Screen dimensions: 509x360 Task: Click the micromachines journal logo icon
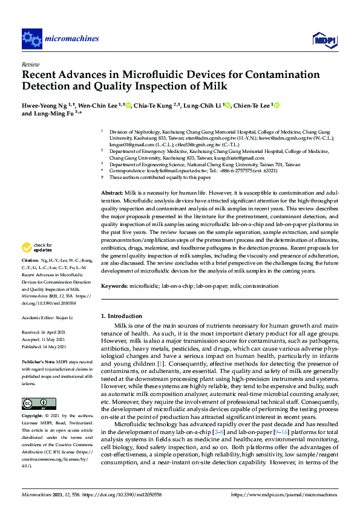click(x=31, y=39)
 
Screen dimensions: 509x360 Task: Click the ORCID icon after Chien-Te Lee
click(x=277, y=105)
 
